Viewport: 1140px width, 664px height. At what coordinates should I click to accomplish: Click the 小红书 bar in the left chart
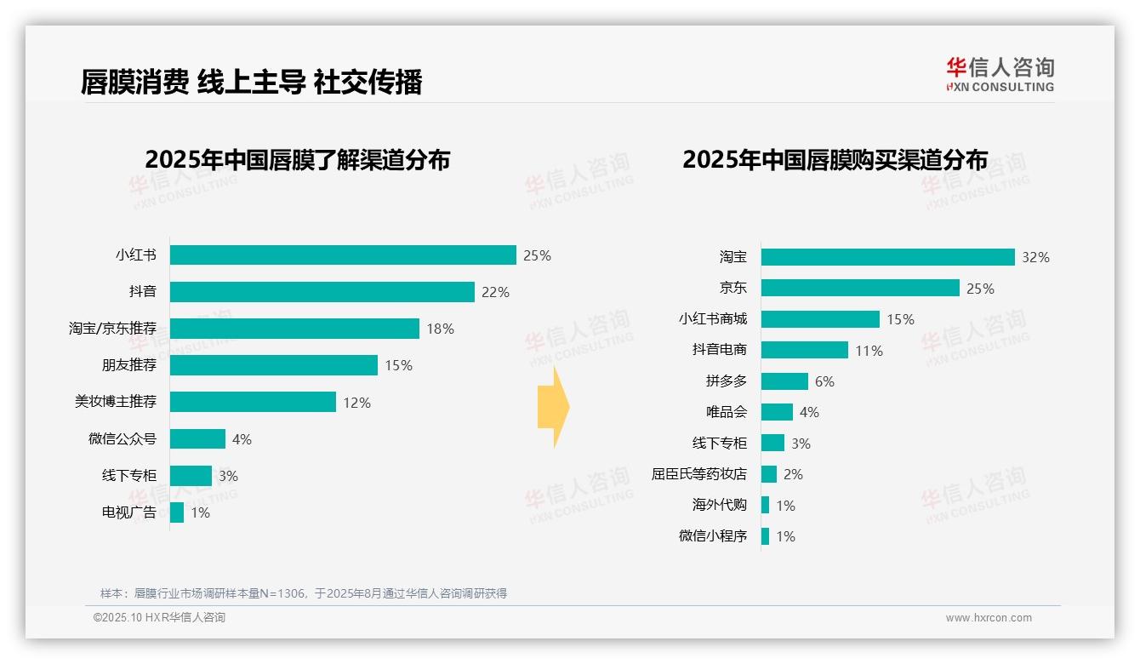pyautogui.click(x=343, y=255)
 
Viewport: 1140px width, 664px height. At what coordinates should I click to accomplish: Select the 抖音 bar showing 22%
pyautogui.click(x=322, y=292)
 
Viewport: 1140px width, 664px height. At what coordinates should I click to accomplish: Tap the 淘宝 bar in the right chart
pyautogui.click(x=887, y=257)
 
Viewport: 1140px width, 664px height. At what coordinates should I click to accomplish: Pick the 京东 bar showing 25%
pyautogui.click(x=860, y=289)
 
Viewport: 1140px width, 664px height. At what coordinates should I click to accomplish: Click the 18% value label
pyautogui.click(x=440, y=329)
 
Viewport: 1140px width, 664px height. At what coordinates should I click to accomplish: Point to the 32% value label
pyautogui.click(x=1035, y=257)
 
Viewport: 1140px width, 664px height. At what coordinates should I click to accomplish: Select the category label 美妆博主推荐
pyautogui.click(x=116, y=402)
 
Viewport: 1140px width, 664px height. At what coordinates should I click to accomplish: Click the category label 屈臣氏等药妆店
pyautogui.click(x=699, y=474)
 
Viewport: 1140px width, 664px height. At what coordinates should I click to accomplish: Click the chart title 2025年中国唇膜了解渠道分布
pyautogui.click(x=297, y=160)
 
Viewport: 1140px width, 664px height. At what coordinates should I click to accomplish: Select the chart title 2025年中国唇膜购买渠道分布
pyautogui.click(x=835, y=160)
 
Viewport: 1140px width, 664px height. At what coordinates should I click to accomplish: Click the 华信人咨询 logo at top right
pyautogui.click(x=1000, y=74)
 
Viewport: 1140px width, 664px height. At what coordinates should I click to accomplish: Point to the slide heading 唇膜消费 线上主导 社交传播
pyautogui.click(x=251, y=83)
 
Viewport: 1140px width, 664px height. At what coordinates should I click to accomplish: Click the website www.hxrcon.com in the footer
pyautogui.click(x=989, y=618)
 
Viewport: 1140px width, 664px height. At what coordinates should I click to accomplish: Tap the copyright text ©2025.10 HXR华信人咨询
pyautogui.click(x=159, y=618)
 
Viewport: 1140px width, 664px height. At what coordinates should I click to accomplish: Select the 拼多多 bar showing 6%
pyautogui.click(x=784, y=381)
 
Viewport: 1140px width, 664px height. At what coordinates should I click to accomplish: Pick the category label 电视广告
pyautogui.click(x=129, y=512)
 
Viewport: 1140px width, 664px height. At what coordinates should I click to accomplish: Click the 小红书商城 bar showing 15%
pyautogui.click(x=820, y=319)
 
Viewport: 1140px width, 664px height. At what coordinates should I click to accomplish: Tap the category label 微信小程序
pyautogui.click(x=713, y=536)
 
